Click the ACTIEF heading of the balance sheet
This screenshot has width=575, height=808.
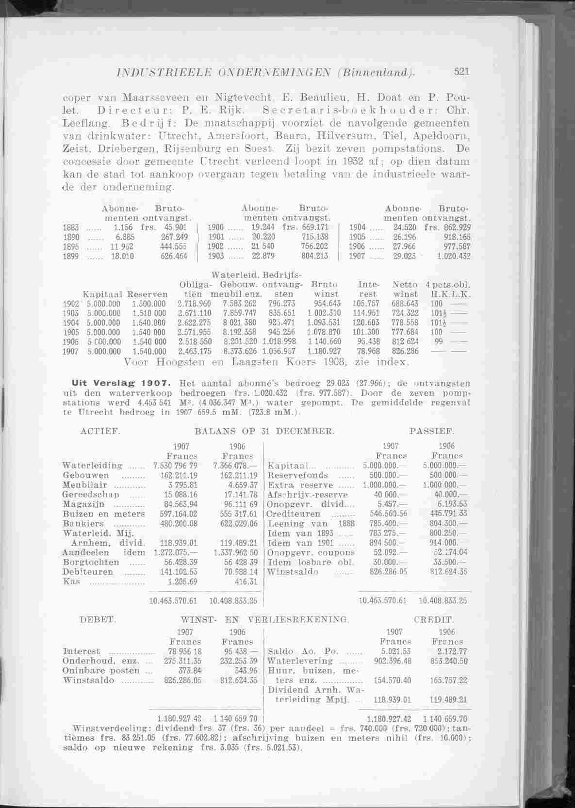[99, 430]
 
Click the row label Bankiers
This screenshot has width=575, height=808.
[83, 524]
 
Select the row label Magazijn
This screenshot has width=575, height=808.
[81, 504]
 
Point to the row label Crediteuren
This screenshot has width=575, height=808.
[294, 514]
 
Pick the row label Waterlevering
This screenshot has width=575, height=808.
[300, 661]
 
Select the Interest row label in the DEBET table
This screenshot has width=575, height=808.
[82, 651]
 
